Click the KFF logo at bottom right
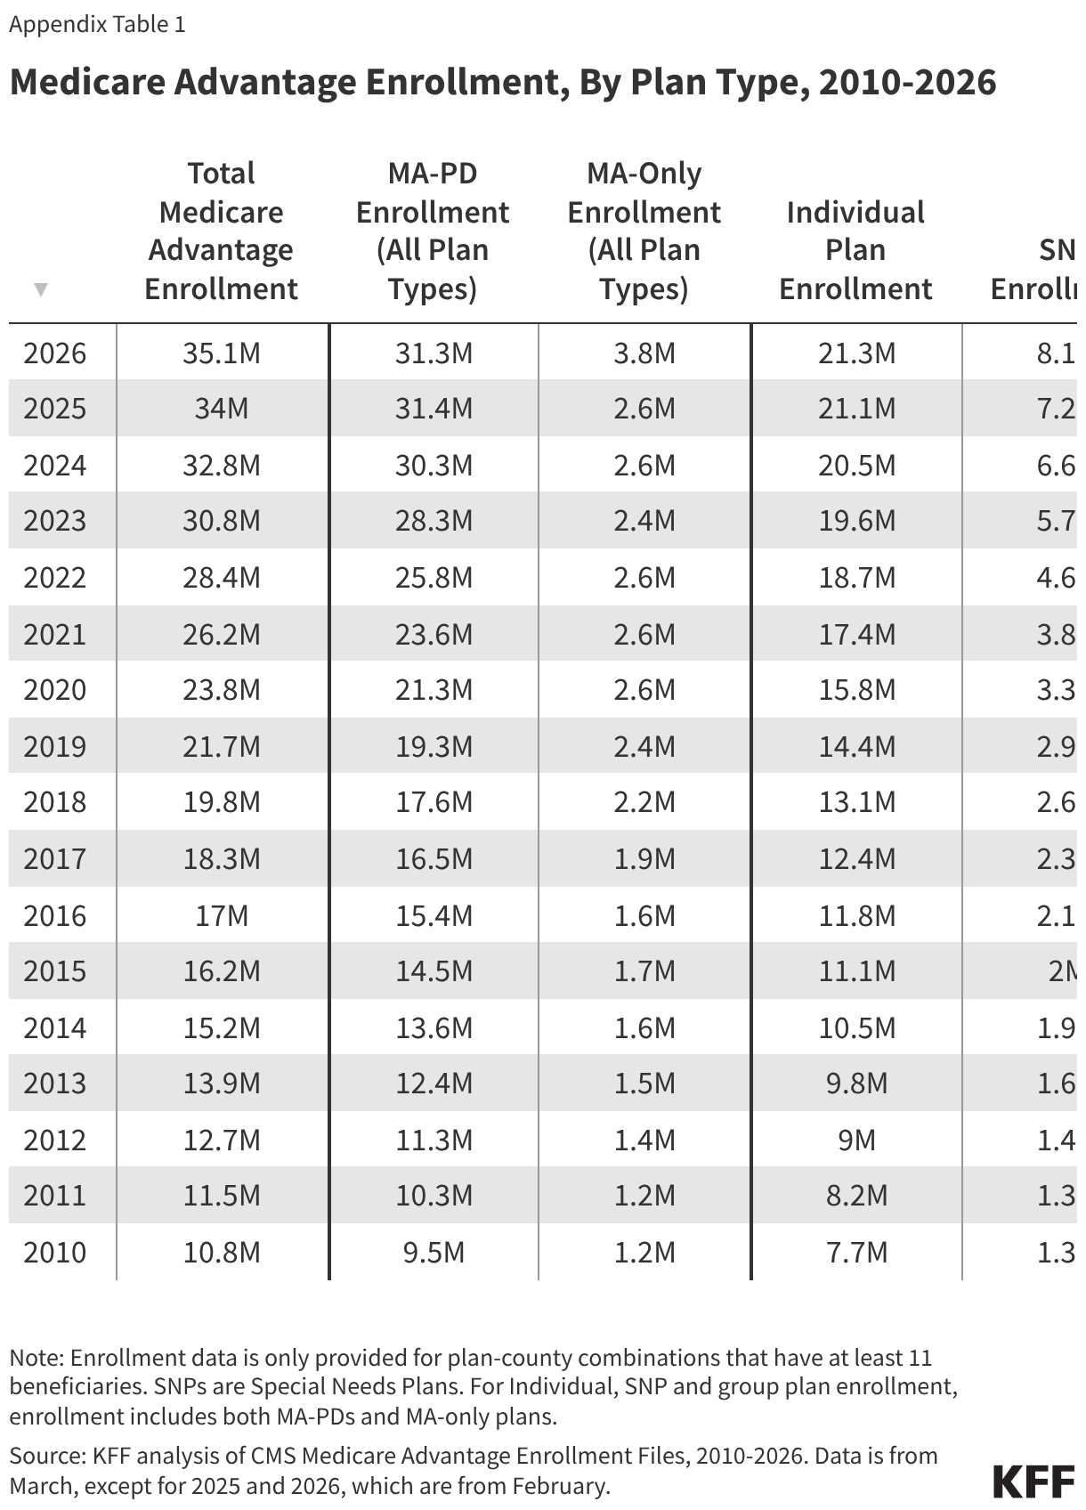point(1033,1482)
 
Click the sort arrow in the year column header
point(40,289)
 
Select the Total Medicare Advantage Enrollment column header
point(221,231)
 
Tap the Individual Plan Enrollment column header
point(855,250)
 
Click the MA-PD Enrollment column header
point(433,231)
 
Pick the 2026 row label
point(55,353)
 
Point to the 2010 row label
point(55,1252)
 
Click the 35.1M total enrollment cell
point(222,353)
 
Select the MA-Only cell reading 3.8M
point(644,353)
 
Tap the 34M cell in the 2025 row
point(222,409)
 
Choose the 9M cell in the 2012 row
point(856,1140)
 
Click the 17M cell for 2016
point(222,915)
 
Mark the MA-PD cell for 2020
point(434,690)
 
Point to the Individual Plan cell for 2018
point(856,802)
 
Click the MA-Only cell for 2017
point(644,858)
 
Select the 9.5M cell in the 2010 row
point(434,1252)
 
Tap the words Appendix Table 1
point(97,24)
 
